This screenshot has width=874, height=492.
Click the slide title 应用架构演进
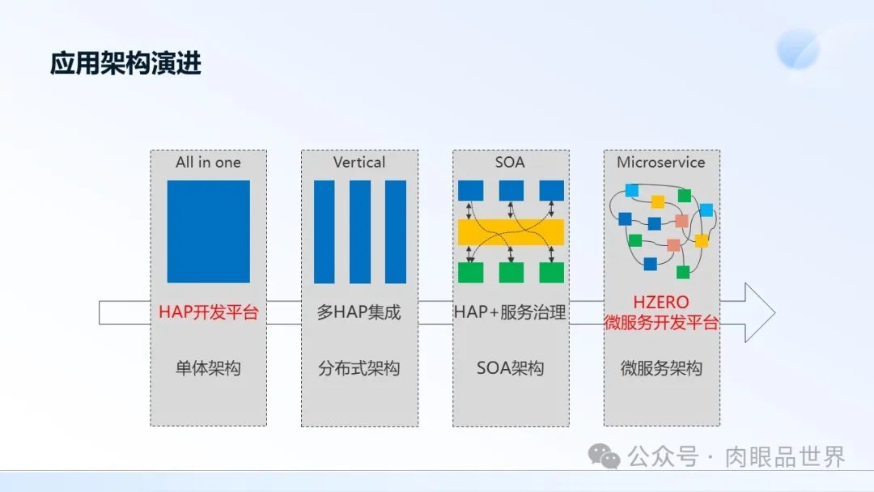point(125,63)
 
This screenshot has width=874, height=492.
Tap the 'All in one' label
point(209,162)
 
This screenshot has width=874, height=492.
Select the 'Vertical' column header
point(359,162)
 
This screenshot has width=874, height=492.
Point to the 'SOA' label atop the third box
point(510,162)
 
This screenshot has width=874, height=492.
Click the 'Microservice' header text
point(661,162)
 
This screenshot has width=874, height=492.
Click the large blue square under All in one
point(209,231)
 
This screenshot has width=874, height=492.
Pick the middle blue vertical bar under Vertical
point(360,231)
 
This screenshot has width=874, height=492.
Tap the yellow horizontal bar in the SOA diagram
point(511,232)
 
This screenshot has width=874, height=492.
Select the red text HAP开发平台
point(209,312)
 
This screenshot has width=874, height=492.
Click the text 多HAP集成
point(359,312)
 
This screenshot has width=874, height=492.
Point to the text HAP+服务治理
point(510,312)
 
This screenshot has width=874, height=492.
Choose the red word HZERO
point(661,302)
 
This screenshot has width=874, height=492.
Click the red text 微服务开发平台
point(661,323)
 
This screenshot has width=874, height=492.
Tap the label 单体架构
point(209,368)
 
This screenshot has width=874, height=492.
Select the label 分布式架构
point(359,368)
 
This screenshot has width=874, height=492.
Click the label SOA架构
point(510,368)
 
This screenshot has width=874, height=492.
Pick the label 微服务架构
point(661,368)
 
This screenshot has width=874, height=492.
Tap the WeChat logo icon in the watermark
point(605,456)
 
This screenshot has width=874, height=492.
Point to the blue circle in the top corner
point(798,49)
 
